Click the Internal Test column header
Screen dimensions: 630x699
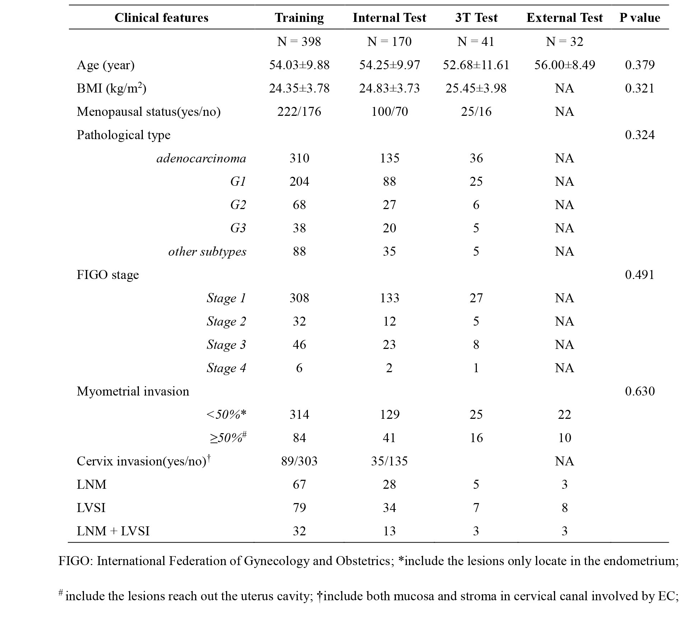tap(389, 18)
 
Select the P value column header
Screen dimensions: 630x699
tap(639, 18)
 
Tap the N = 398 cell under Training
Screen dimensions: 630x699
tap(299, 42)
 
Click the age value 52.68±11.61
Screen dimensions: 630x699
tap(476, 65)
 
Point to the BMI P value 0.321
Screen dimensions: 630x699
tap(639, 88)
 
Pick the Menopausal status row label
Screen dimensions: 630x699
tap(149, 112)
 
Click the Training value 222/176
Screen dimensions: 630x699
tap(299, 112)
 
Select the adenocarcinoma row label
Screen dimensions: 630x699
tap(201, 158)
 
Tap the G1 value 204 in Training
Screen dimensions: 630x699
tap(299, 181)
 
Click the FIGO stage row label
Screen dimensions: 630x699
tap(108, 275)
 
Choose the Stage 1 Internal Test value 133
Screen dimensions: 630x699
tap(389, 298)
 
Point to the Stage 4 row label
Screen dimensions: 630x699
tap(226, 368)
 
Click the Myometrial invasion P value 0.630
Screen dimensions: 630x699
tap(639, 391)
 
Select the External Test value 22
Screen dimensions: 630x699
tap(564, 415)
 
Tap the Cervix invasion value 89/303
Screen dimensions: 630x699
tap(299, 461)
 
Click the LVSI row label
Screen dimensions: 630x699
tap(91, 508)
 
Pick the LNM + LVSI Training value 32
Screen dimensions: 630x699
tap(299, 531)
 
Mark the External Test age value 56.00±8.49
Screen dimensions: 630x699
tap(564, 65)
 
